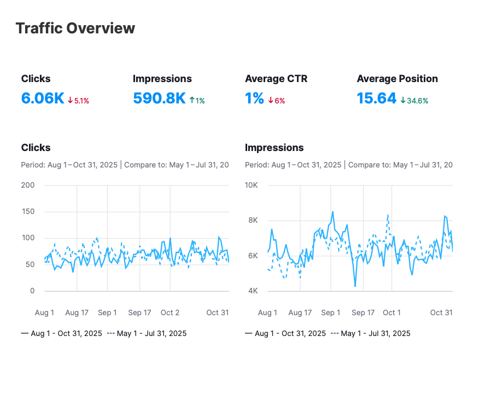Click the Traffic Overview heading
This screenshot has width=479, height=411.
click(x=75, y=28)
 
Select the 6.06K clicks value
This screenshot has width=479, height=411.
click(x=43, y=99)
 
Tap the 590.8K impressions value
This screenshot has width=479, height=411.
click(x=159, y=99)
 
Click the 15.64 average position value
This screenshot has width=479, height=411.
click(x=376, y=99)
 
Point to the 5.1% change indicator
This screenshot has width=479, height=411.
click(x=78, y=101)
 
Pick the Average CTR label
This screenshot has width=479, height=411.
click(x=276, y=79)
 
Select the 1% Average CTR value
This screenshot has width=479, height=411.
click(x=254, y=99)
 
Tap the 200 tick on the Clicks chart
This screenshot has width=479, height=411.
click(x=28, y=185)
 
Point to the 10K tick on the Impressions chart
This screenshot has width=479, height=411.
click(x=251, y=185)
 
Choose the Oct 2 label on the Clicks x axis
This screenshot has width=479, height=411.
click(x=170, y=312)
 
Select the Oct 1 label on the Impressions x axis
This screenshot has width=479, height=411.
click(x=392, y=312)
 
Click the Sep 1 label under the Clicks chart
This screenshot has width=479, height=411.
click(x=107, y=312)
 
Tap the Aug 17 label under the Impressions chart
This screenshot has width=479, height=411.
click(x=300, y=312)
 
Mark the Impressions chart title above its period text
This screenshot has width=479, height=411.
click(x=274, y=148)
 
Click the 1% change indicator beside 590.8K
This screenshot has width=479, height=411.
click(x=197, y=101)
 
